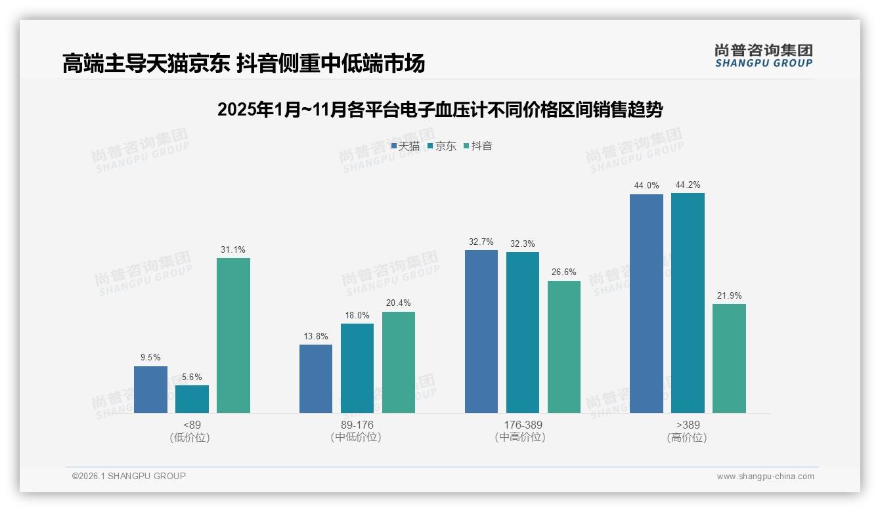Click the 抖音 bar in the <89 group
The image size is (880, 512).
(x=233, y=335)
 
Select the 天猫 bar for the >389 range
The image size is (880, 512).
(x=646, y=303)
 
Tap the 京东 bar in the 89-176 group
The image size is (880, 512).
(x=357, y=368)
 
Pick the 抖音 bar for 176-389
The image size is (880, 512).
(x=564, y=347)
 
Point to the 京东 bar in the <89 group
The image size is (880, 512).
(x=192, y=398)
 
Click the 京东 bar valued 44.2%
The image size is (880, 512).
(x=688, y=303)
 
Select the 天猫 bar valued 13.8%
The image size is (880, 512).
(x=316, y=378)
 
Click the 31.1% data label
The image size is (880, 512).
(x=233, y=250)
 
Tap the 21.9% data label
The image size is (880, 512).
(x=729, y=296)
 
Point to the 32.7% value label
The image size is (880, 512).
(x=481, y=242)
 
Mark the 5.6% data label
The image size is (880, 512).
(x=192, y=377)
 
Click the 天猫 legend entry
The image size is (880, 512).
(x=405, y=146)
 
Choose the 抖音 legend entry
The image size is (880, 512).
(x=478, y=146)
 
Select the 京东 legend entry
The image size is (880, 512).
(x=442, y=146)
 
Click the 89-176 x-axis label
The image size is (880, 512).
(x=357, y=425)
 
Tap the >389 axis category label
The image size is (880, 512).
(x=687, y=425)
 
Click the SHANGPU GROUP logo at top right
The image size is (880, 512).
(x=763, y=56)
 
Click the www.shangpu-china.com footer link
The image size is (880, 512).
(x=765, y=477)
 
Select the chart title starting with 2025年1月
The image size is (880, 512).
(x=439, y=110)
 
